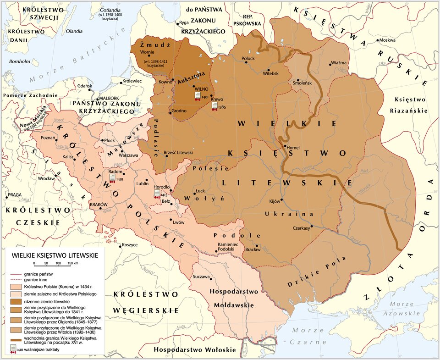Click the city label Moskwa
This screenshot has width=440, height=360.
[x=387, y=40]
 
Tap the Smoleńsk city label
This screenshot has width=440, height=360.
[x=302, y=83]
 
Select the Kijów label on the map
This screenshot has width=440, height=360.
[x=275, y=201]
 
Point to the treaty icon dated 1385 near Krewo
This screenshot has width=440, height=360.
[x=214, y=106]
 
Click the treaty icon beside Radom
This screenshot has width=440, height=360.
[x=112, y=178]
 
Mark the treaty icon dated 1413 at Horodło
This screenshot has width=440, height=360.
[x=157, y=194]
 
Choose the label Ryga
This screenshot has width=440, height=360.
[x=184, y=22]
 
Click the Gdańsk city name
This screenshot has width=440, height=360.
[x=85, y=86]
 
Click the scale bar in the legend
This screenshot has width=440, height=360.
[x=56, y=265]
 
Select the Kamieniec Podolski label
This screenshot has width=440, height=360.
[x=228, y=247]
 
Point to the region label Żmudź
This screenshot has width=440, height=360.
[x=155, y=45]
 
